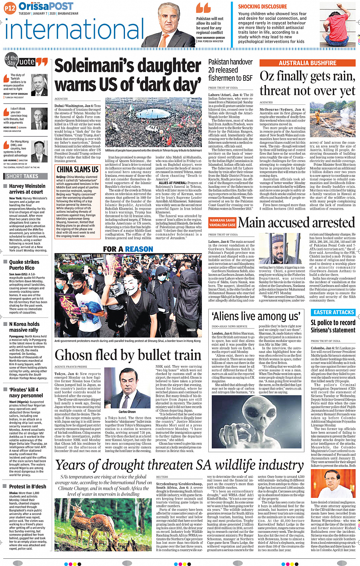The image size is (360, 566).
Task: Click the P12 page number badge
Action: pos(10,7)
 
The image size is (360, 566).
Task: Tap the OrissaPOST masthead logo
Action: pos(46,6)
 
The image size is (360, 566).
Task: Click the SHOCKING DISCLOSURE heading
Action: pos(262,6)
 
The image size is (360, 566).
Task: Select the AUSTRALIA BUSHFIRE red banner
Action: pos(307,63)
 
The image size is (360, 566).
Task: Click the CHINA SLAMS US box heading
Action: pos(77,170)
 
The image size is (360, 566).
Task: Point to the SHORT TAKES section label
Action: pos(22,176)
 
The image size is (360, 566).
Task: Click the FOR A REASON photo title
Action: pos(128,249)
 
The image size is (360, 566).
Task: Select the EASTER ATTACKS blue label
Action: pos(334,312)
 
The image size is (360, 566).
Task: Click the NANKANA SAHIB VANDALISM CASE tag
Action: pos(222,223)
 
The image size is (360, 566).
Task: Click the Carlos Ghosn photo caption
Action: pos(127,412)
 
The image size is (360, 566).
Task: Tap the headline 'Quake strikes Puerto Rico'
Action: pos(24,265)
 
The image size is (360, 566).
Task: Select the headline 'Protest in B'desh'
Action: pos(27,486)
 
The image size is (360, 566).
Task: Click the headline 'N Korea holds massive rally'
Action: pos(24,327)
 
